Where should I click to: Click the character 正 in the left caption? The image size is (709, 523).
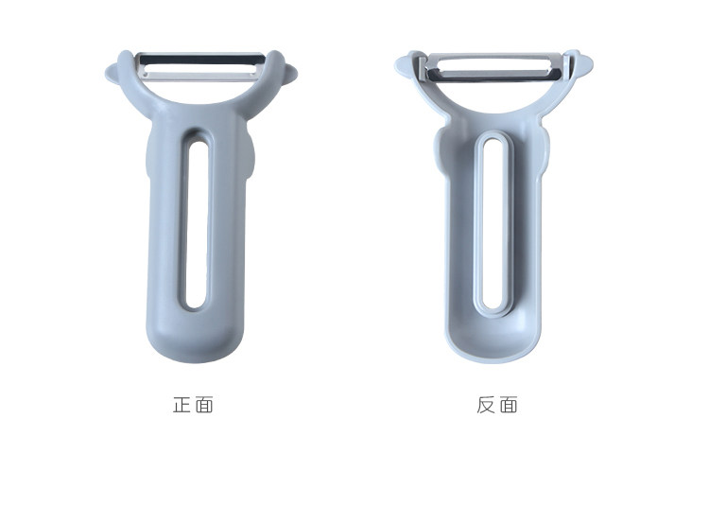click(182, 404)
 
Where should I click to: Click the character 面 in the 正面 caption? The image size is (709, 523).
click(205, 404)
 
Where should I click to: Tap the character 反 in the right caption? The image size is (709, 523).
click(486, 405)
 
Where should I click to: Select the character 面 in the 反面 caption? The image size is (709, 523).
click(510, 405)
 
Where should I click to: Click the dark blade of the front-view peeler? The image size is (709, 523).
click(201, 60)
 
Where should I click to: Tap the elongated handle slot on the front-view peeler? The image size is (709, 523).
click(197, 225)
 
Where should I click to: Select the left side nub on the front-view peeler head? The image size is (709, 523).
click(112, 73)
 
